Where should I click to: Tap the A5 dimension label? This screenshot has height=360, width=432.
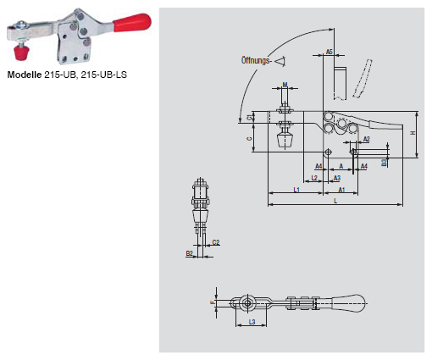(330, 52)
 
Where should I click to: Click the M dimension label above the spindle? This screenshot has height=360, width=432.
(285, 86)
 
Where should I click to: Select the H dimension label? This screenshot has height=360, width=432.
(413, 134)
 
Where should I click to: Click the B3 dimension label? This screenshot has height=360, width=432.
(384, 160)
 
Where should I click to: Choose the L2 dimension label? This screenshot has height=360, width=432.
(314, 178)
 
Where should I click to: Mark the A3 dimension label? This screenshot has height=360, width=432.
(335, 178)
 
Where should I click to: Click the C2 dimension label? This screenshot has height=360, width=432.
(215, 242)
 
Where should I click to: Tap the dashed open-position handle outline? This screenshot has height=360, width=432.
(363, 79)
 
